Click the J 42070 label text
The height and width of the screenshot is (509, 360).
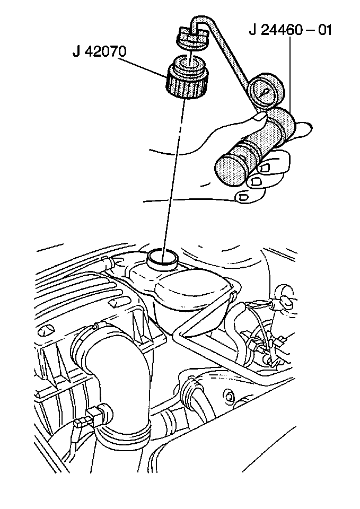[x=99, y=52]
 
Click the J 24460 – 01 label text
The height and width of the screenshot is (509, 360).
[x=291, y=30]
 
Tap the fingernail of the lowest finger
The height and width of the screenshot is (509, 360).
[x=243, y=197]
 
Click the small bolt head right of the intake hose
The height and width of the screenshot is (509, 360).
[x=230, y=397]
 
